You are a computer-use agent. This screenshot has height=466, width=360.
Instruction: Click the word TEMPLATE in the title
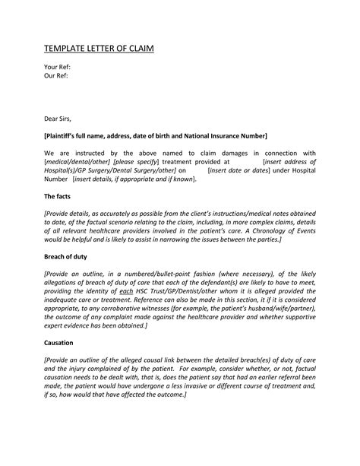point(65,50)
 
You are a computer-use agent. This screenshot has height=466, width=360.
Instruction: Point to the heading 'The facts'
point(58,196)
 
